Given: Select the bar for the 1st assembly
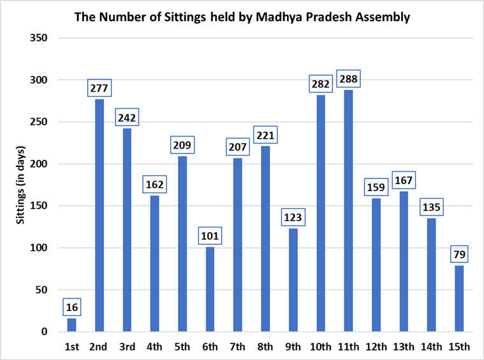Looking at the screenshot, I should tap(71, 325).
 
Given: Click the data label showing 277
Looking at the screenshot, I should tap(99, 87).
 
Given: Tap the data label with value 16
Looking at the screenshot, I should tap(71, 306).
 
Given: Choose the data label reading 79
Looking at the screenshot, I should tap(459, 254).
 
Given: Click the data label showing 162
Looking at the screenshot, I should tap(154, 184).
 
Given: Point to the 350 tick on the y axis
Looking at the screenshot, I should tap(40, 38).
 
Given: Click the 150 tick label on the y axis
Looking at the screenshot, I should tap(40, 206).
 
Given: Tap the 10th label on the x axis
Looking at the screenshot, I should tap(320, 347).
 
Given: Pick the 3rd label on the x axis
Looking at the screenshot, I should tap(127, 347).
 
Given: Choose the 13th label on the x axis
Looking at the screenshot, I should tap(404, 347).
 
